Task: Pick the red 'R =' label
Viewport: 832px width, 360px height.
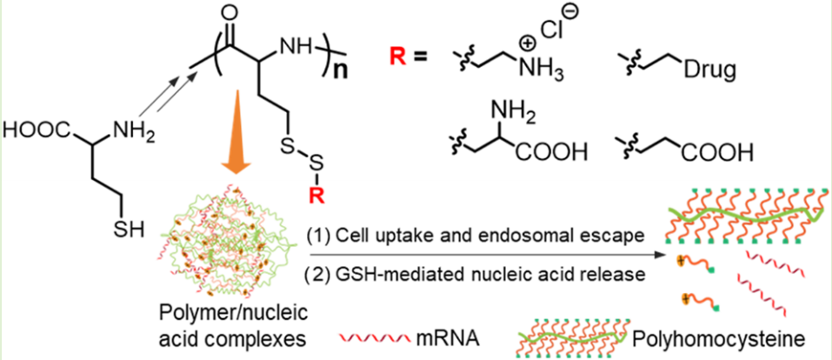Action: [409, 61]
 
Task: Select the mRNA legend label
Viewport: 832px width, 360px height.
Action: [465, 333]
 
